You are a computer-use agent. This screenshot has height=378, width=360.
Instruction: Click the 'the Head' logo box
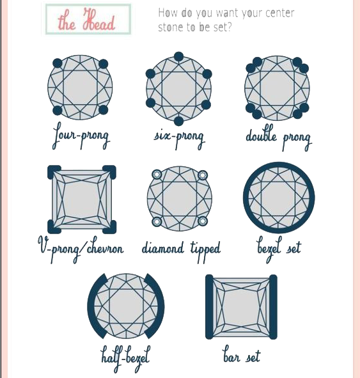(88, 19)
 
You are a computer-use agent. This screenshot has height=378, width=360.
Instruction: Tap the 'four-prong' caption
(81, 136)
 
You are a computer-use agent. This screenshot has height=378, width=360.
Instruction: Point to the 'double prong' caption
(279, 138)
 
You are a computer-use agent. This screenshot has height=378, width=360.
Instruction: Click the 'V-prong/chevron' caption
(81, 249)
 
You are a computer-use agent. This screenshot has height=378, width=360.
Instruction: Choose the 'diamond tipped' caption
(181, 250)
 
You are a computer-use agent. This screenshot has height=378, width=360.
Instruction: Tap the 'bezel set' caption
(279, 249)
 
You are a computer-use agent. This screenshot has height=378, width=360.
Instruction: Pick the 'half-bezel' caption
(125, 358)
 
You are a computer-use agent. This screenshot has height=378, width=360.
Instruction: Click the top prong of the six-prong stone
(178, 56)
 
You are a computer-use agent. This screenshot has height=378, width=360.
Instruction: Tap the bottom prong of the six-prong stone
(178, 121)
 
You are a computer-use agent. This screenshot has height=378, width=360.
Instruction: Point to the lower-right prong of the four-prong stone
(104, 110)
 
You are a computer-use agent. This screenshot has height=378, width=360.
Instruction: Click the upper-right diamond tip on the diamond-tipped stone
(203, 175)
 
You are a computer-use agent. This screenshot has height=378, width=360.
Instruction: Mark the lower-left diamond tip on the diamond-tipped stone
(157, 221)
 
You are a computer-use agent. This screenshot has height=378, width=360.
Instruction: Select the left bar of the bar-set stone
(209, 307)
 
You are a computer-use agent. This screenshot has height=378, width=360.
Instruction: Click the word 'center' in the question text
(280, 13)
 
